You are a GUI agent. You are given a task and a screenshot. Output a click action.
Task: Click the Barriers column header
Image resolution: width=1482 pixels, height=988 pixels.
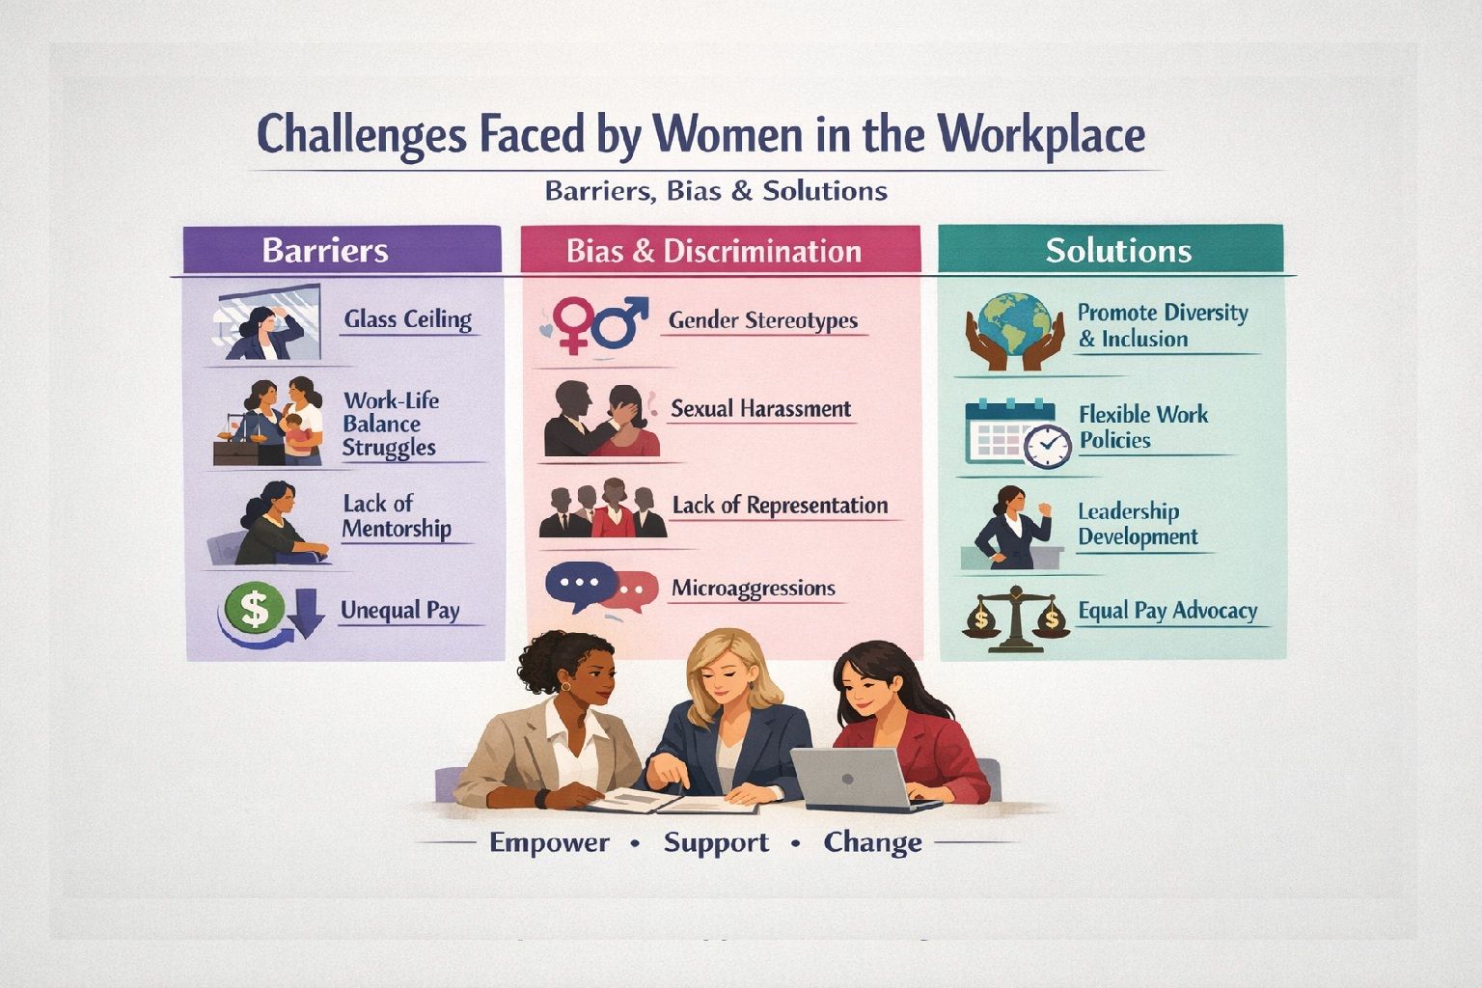(325, 251)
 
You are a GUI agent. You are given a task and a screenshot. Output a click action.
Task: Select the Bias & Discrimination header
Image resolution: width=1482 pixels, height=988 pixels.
(713, 252)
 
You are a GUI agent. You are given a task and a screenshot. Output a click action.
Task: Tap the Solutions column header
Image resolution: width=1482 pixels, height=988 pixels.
(1118, 251)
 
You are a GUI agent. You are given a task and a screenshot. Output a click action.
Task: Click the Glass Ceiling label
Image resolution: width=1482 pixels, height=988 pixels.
(407, 319)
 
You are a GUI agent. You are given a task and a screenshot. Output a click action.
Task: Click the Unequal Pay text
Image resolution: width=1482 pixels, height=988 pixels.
(399, 611)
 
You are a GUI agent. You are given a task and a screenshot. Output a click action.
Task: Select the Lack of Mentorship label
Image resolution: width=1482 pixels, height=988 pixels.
(397, 516)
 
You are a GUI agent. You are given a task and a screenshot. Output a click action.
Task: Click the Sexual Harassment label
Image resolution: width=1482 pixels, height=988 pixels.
(760, 408)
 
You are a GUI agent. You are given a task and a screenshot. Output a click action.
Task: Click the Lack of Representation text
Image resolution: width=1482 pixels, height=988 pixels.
(780, 506)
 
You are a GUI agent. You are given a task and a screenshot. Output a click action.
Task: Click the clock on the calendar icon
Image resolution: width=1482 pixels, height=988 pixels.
(1046, 446)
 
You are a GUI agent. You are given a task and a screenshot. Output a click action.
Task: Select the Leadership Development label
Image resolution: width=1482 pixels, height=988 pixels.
(1138, 524)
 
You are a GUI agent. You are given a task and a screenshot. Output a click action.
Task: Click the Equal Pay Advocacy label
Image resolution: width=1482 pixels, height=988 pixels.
(1167, 611)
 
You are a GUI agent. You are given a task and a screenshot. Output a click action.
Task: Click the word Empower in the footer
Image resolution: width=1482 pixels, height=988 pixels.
(549, 842)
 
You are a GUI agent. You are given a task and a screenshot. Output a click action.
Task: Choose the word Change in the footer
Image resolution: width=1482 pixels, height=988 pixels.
(872, 842)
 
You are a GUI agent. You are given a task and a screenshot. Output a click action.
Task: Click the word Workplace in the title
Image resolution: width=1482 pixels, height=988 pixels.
(1041, 134)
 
